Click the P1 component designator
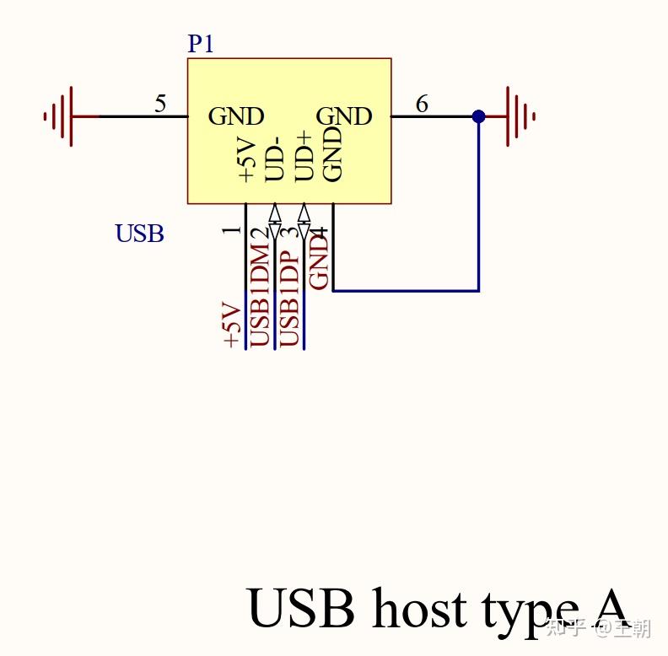point(201,44)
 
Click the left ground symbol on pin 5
point(62,116)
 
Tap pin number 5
point(160,105)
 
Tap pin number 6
point(422,105)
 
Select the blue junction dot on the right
point(478,116)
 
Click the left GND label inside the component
point(236,116)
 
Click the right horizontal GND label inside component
point(344,116)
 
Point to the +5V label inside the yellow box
point(246,161)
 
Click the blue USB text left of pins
point(139,234)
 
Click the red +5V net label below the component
point(230,325)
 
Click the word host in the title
point(418,609)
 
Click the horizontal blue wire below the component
point(405,291)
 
